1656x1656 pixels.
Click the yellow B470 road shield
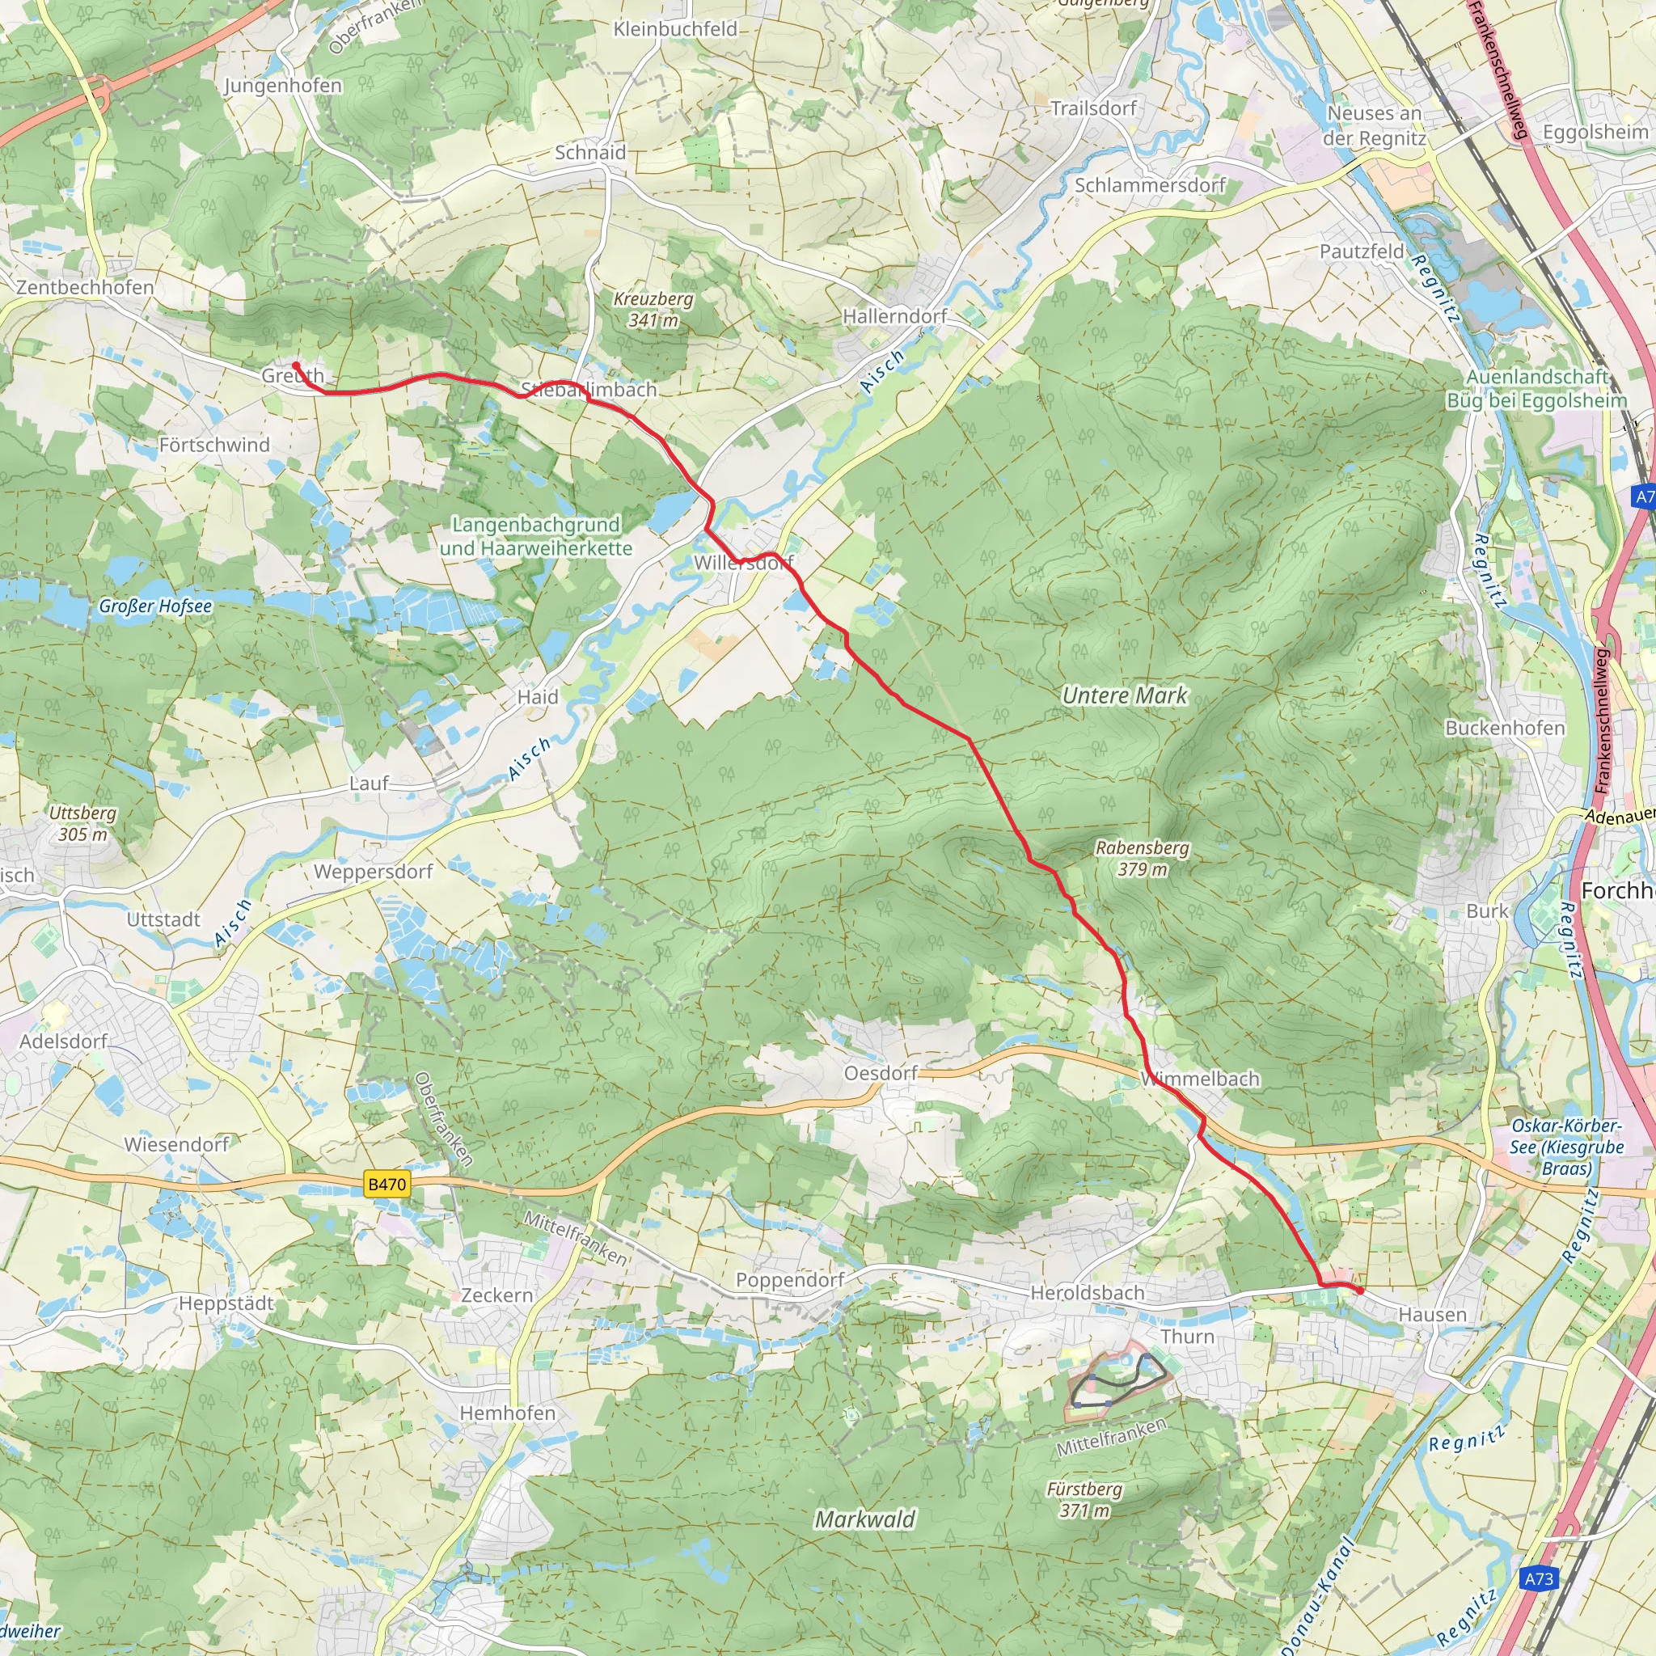[387, 1185]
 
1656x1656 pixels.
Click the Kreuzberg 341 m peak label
[653, 310]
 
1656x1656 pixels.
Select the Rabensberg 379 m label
[1143, 858]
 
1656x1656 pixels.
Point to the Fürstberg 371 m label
[1084, 1499]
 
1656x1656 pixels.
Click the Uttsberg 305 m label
[82, 823]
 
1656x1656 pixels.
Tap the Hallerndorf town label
[895, 316]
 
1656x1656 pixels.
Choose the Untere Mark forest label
[1125, 695]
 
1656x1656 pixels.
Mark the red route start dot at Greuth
[296, 366]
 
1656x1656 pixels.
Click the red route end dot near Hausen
[1360, 1291]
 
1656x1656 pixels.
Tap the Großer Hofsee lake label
[155, 606]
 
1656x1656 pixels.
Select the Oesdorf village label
[881, 1073]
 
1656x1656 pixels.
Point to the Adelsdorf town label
[63, 1041]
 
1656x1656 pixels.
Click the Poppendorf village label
[789, 1280]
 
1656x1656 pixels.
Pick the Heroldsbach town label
[1087, 1293]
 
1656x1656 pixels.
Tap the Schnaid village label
[589, 153]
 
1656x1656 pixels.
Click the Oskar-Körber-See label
[1566, 1147]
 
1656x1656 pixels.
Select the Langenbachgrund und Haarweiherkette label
[536, 536]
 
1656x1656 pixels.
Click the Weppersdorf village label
[373, 872]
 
